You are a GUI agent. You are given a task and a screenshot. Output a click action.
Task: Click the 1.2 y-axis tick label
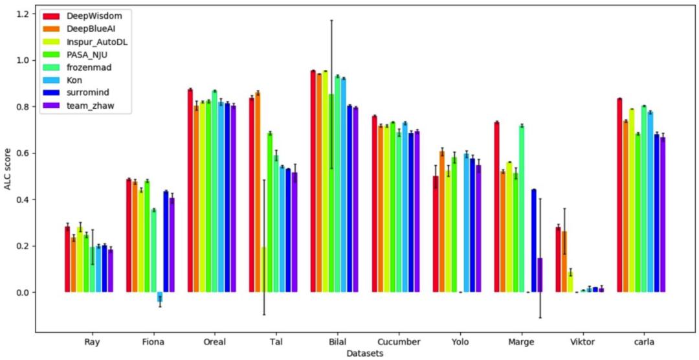tap(23, 14)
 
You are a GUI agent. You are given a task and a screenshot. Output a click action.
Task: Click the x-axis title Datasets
tap(364, 354)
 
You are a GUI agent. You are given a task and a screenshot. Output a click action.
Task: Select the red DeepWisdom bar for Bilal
tap(313, 181)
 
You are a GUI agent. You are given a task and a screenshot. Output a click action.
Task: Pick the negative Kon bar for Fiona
tap(160, 297)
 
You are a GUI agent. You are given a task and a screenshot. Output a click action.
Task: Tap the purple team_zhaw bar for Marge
tap(540, 275)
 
